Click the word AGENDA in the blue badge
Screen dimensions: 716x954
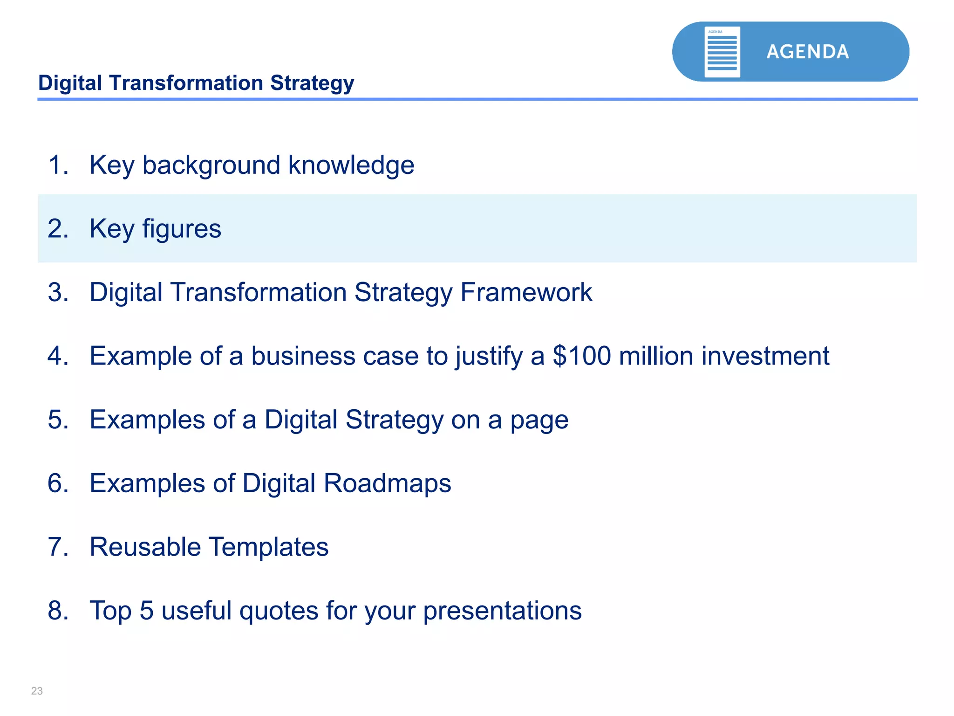click(807, 52)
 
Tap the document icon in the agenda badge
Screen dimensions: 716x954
click(722, 52)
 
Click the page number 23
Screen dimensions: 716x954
click(37, 691)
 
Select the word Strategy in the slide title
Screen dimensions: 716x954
click(312, 83)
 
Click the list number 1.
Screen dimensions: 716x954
click(57, 165)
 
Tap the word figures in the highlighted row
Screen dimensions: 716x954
click(181, 229)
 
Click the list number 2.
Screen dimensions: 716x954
click(57, 229)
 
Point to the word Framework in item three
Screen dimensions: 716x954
click(526, 292)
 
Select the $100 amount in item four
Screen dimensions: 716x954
click(581, 356)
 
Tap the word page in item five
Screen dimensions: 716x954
click(539, 420)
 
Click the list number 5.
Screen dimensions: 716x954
click(57, 420)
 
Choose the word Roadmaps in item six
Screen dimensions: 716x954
click(387, 483)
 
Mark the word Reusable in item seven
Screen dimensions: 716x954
click(145, 547)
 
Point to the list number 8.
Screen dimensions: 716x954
click(57, 611)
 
